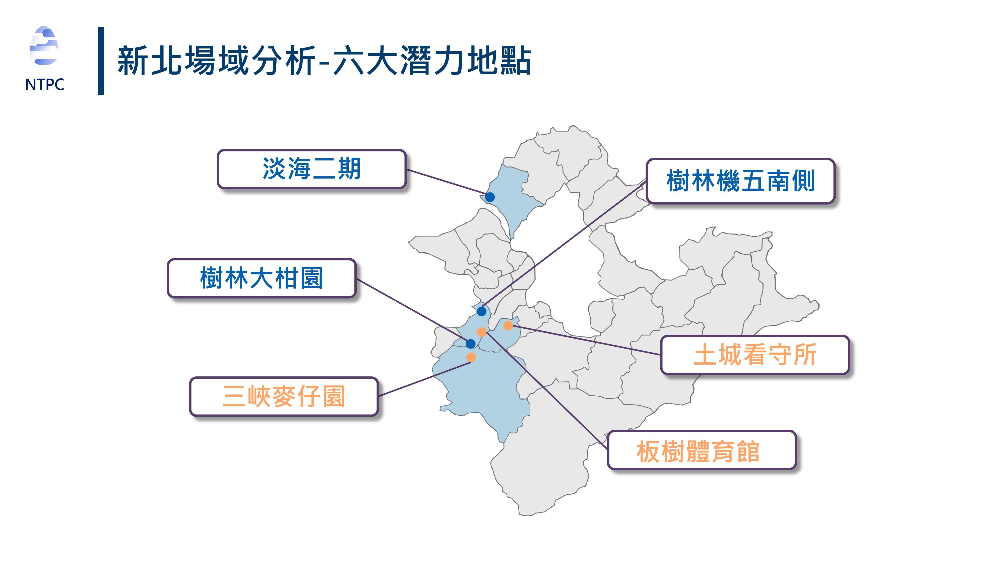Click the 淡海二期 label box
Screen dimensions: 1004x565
pyautogui.click(x=311, y=169)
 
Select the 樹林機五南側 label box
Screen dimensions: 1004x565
pyautogui.click(x=740, y=181)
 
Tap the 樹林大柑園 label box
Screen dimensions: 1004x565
pyautogui.click(x=262, y=278)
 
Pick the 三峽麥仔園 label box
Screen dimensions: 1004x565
pyautogui.click(x=284, y=397)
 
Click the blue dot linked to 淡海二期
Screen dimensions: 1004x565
pyautogui.click(x=490, y=197)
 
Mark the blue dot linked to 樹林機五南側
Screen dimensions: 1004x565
pyautogui.click(x=482, y=311)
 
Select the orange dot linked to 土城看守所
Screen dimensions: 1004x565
pyautogui.click(x=508, y=325)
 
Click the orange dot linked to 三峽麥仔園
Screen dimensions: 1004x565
pyautogui.click(x=471, y=357)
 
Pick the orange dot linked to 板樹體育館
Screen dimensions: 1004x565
pyautogui.click(x=482, y=332)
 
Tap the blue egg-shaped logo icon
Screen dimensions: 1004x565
pyautogui.click(x=44, y=46)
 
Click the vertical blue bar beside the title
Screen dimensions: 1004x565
pyautogui.click(x=101, y=61)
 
